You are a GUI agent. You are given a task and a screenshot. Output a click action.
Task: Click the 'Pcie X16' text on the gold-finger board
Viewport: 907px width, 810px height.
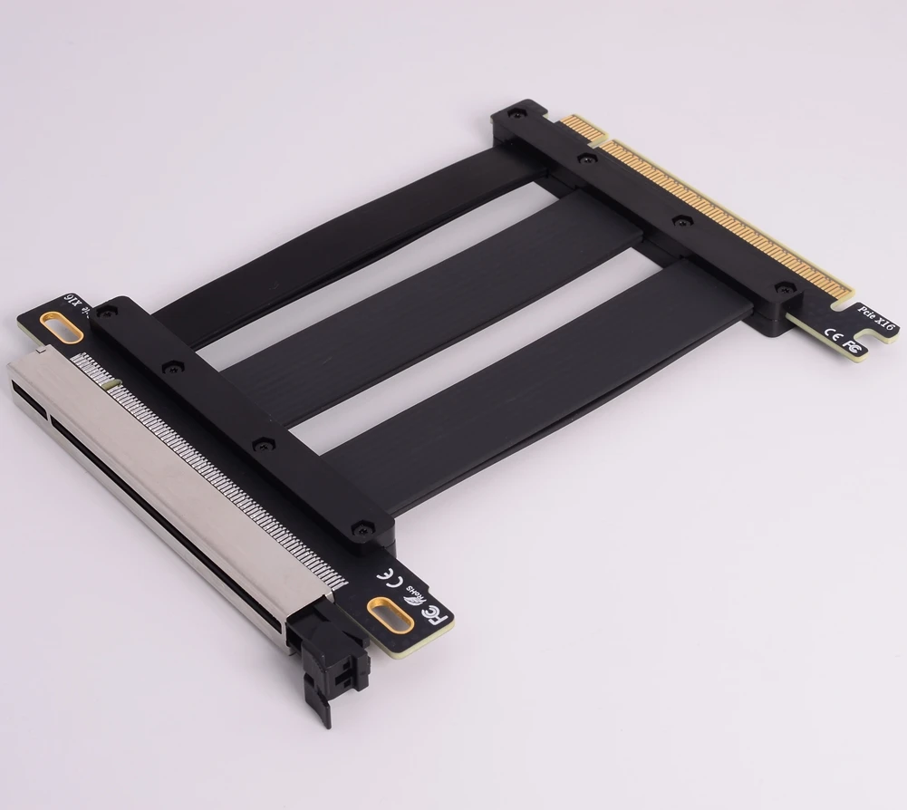(876, 316)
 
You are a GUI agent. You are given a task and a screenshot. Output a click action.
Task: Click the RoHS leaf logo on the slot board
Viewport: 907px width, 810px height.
(415, 593)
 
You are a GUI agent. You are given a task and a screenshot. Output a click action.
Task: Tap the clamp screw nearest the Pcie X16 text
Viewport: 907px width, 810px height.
(781, 288)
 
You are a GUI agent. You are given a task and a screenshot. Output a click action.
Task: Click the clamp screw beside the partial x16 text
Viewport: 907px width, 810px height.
(108, 311)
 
